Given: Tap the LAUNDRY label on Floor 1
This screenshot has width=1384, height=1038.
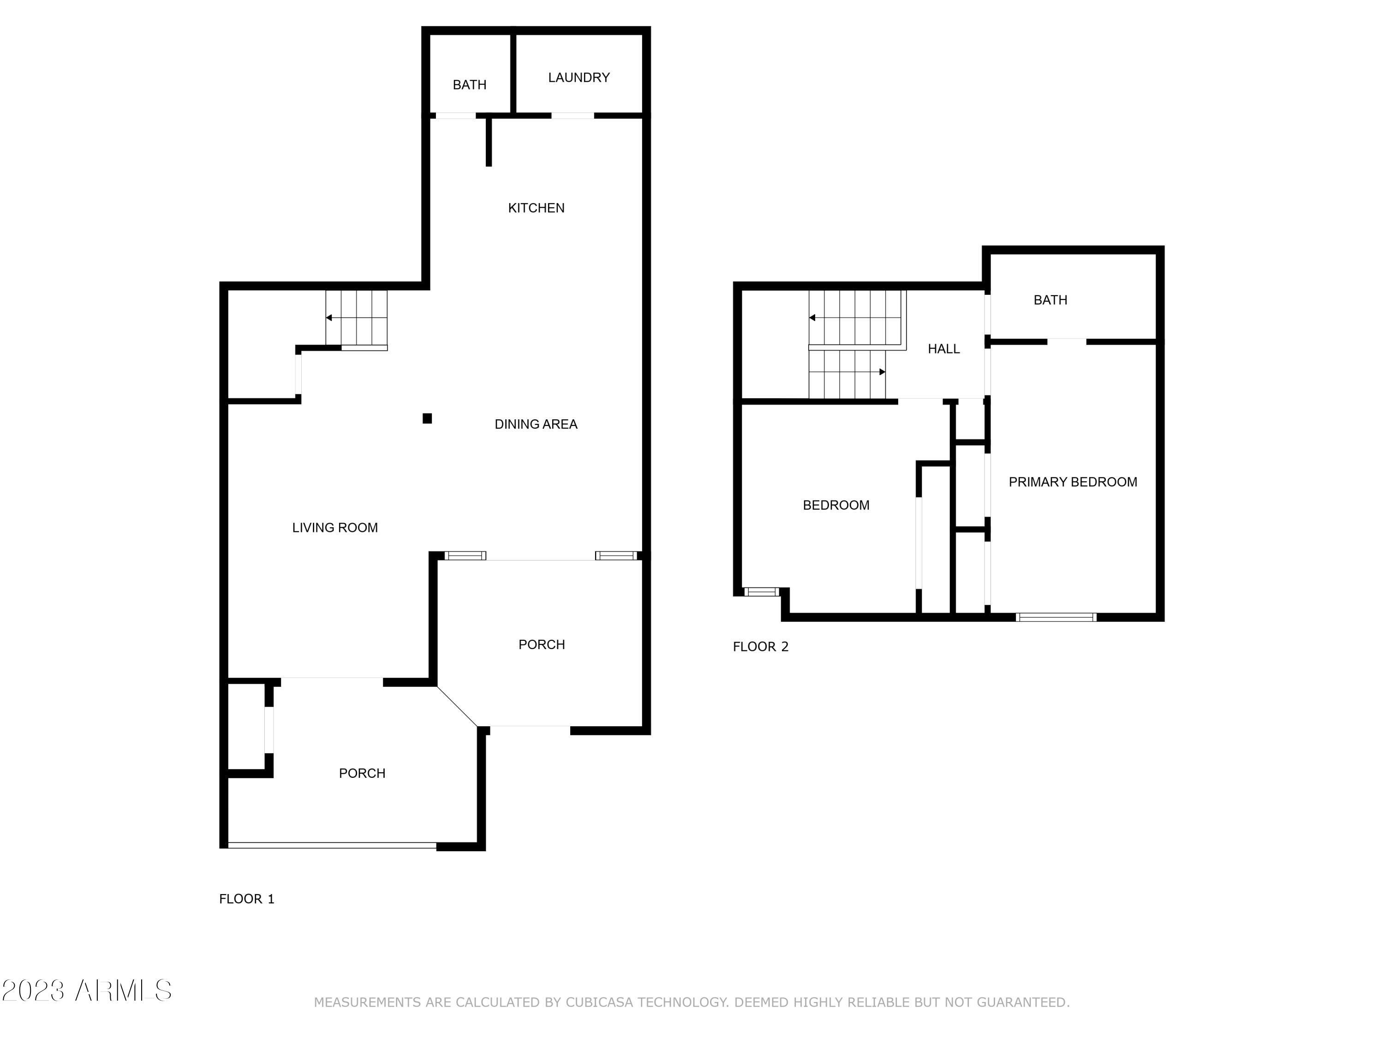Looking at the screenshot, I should (x=579, y=78).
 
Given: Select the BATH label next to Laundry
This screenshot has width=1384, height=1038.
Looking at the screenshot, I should (x=469, y=85).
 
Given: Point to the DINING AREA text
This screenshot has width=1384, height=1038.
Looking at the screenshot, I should (x=536, y=425).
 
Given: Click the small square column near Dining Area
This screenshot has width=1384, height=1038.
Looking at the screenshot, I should (x=427, y=418).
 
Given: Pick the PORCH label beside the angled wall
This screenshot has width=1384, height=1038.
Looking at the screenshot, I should (x=541, y=645).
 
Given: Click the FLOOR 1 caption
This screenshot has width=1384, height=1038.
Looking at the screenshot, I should (x=246, y=899).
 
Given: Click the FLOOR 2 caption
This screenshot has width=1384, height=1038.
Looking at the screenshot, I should (x=760, y=647).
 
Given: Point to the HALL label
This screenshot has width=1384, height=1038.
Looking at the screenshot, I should (x=943, y=349).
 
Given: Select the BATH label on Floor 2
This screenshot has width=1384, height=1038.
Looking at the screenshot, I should (x=1050, y=300).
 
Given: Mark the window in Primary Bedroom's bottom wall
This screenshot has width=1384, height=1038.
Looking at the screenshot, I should (x=1056, y=618).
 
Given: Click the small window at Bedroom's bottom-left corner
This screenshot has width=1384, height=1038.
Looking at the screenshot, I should (x=762, y=592).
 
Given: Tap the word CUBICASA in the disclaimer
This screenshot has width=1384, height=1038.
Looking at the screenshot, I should (x=599, y=1002).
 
